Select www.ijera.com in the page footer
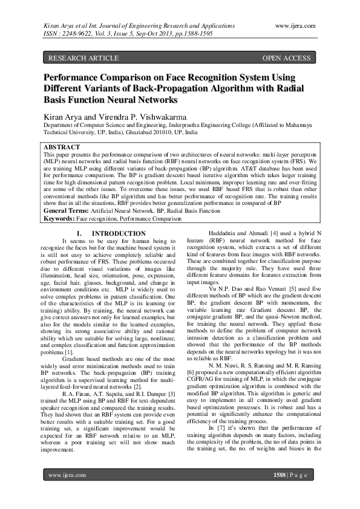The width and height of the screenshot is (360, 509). pos(67,475)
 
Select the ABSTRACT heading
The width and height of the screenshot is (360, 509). pos(62,147)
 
